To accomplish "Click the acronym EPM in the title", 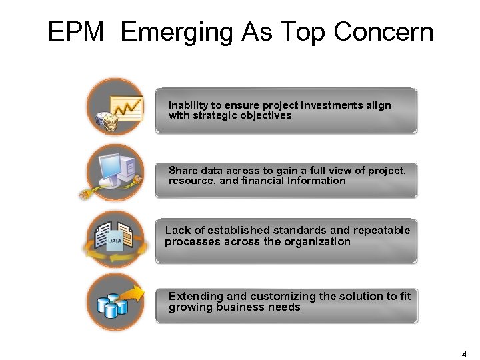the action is pos(76,31).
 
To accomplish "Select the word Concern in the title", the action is pos(383,31).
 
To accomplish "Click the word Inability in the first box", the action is pos(188,105).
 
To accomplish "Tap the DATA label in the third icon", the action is pos(115,240).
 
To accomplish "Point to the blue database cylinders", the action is pos(111,304).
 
